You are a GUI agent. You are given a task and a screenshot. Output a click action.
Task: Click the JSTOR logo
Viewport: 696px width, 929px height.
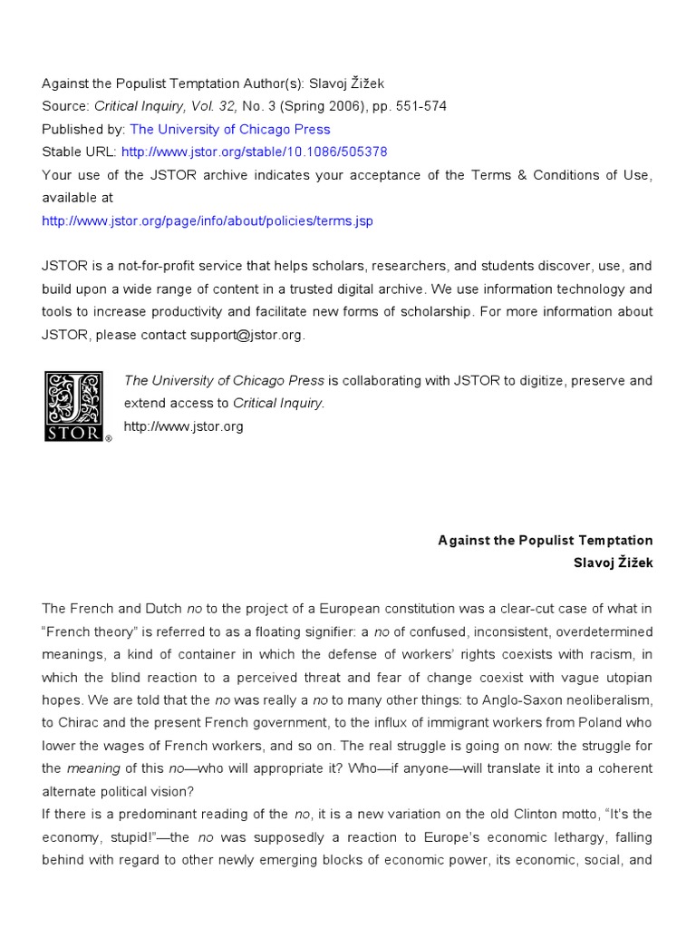coord(75,406)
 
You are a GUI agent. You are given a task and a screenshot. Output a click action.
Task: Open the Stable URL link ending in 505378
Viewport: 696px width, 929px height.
coord(254,152)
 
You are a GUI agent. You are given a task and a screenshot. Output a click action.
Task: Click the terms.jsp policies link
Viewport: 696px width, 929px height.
coord(208,220)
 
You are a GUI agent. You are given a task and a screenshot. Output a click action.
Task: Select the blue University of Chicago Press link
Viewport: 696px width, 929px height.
coord(230,129)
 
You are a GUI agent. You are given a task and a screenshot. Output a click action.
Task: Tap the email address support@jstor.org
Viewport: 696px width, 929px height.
coord(247,335)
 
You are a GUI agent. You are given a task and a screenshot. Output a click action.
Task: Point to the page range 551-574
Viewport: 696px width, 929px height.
coord(422,106)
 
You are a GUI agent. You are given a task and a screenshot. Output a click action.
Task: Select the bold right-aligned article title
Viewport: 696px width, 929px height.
coord(545,540)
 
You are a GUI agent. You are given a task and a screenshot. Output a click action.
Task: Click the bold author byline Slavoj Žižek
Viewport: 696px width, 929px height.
coord(613,562)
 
